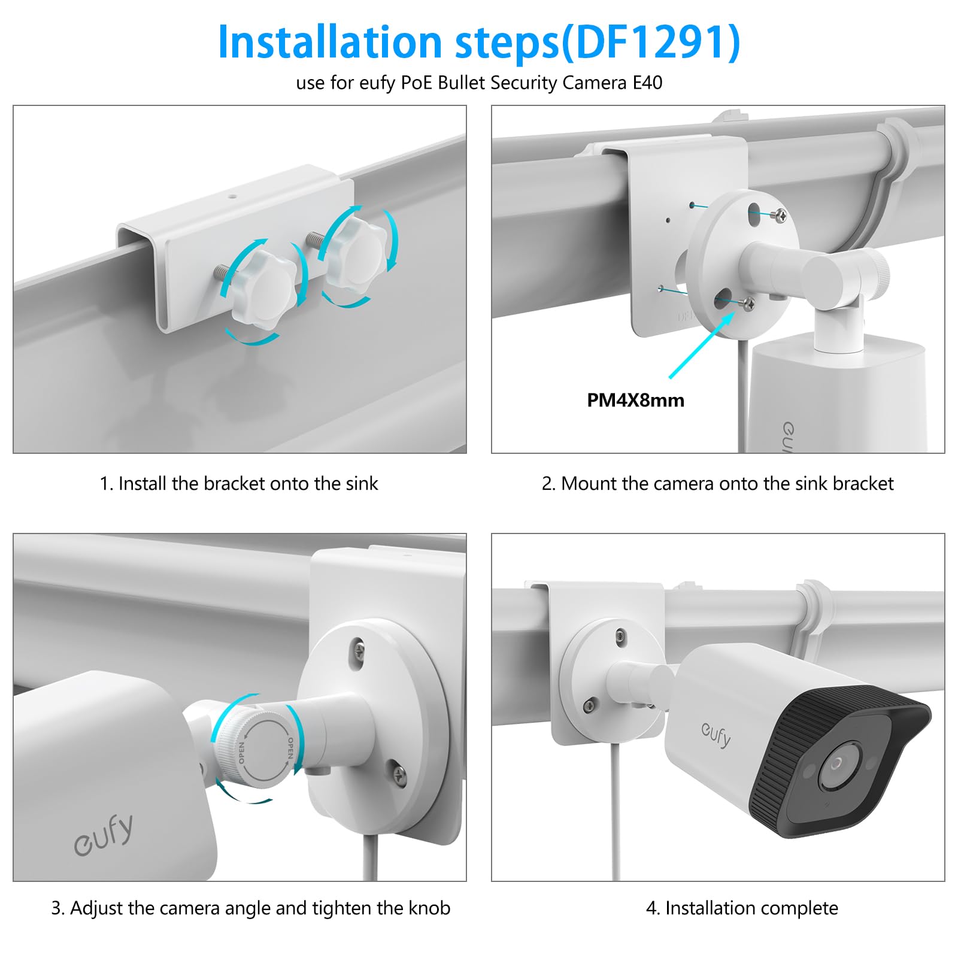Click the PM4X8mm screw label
[x=635, y=400]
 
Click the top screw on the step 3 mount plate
[x=358, y=648]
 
